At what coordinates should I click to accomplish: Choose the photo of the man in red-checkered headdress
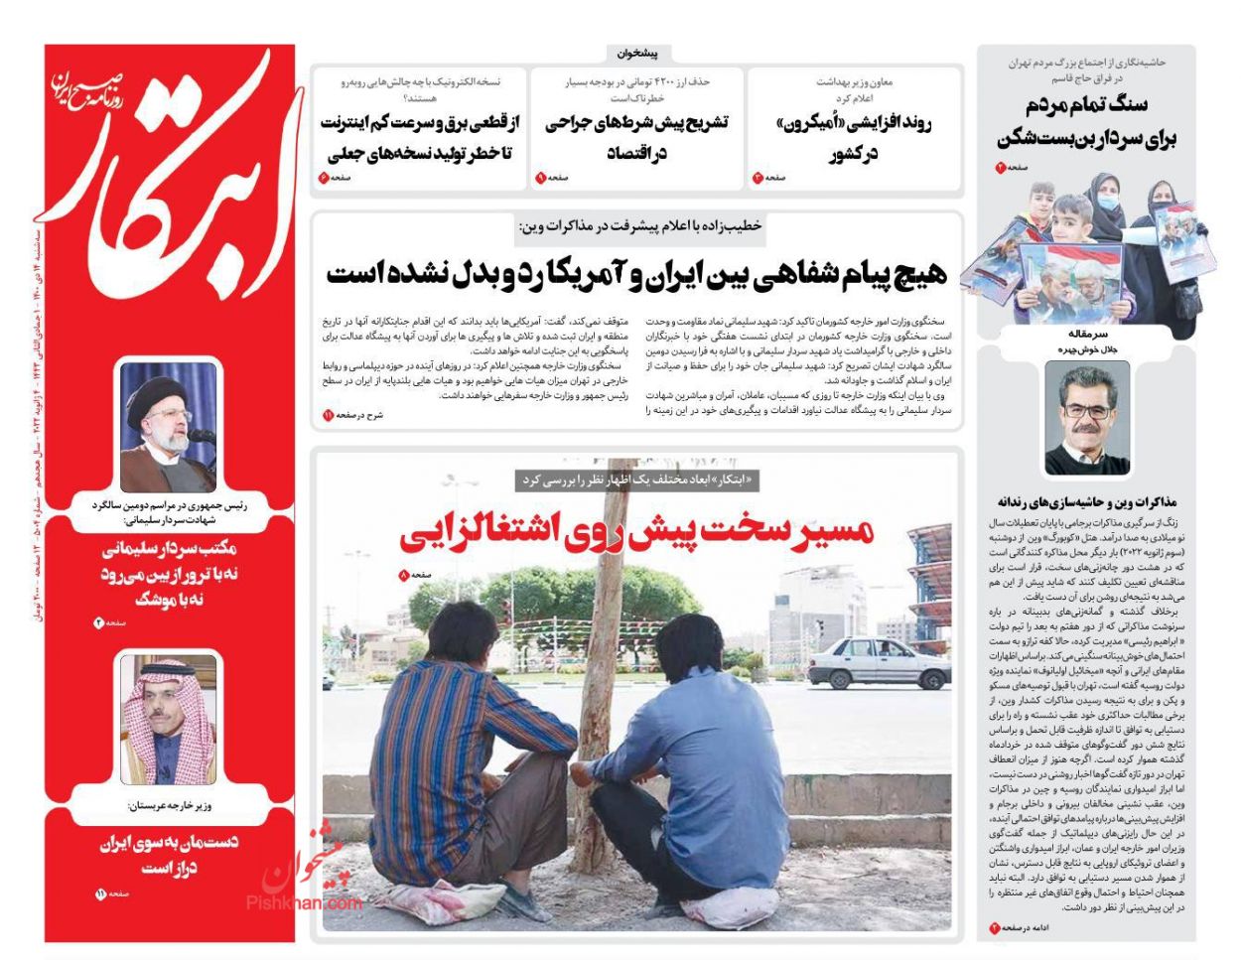tap(168, 719)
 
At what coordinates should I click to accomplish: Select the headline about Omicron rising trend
tap(853, 138)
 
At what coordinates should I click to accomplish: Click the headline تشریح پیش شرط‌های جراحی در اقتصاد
tap(636, 138)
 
